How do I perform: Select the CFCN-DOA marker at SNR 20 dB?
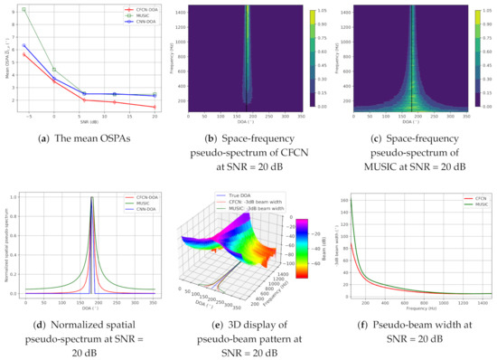[x=154, y=107]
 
